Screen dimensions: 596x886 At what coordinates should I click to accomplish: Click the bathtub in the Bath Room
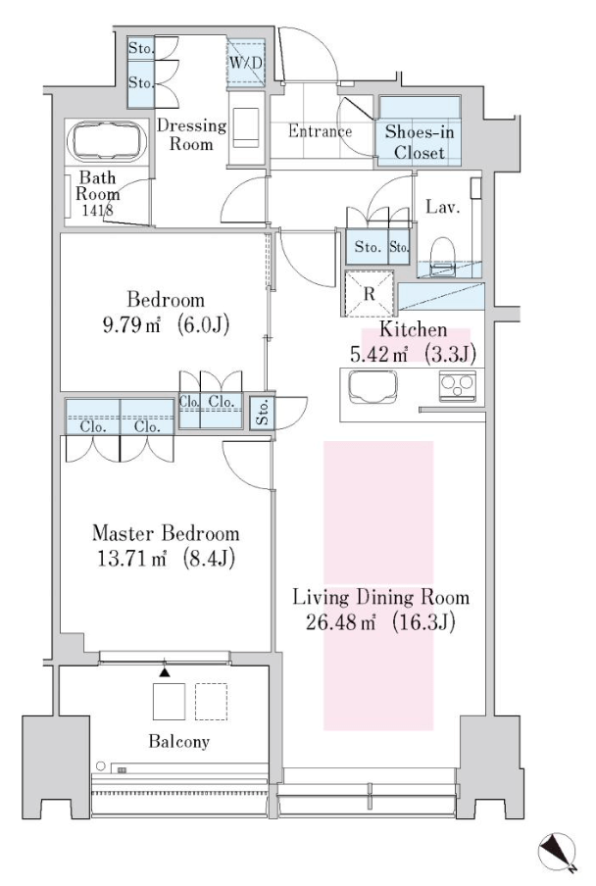tap(106, 141)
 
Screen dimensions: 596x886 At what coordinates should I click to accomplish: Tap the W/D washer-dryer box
tap(246, 64)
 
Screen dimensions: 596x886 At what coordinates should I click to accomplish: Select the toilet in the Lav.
tap(442, 256)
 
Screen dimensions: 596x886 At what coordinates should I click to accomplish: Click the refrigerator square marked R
tap(370, 293)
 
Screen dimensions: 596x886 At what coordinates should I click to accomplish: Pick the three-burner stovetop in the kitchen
tap(458, 386)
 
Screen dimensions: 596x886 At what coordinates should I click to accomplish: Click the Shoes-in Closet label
tap(420, 142)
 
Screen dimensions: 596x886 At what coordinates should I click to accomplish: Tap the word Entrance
tap(320, 131)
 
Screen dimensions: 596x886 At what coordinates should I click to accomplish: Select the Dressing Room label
tap(191, 134)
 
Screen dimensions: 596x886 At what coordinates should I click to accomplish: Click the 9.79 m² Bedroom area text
tap(166, 325)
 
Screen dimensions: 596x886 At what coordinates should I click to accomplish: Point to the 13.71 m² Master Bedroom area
tap(166, 559)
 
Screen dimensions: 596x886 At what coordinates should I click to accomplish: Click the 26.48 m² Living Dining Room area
tap(380, 622)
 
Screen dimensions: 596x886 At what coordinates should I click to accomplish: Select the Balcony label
tap(179, 741)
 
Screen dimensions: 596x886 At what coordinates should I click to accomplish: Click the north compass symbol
tap(558, 852)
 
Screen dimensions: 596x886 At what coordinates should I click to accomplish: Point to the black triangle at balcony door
tap(165, 671)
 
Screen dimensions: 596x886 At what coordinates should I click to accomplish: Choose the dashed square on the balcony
tap(212, 701)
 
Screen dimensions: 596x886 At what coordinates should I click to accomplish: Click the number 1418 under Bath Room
tap(98, 210)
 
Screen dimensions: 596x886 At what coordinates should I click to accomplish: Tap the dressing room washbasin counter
tap(246, 127)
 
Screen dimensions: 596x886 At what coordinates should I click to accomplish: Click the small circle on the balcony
tap(101, 765)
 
